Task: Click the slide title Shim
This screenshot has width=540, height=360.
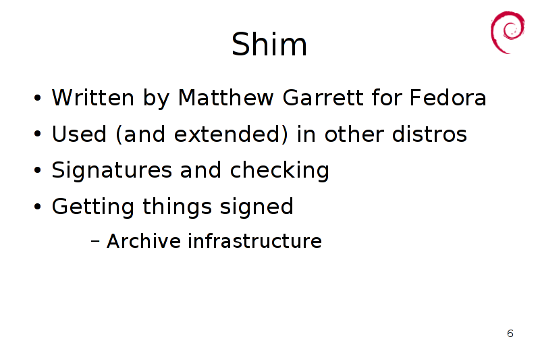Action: pos(269,44)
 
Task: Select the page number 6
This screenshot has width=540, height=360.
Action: pos(510,334)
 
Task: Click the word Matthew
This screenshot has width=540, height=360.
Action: pos(225,97)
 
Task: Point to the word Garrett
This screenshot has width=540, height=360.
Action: pos(323,97)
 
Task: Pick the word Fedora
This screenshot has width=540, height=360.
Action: pos(448,97)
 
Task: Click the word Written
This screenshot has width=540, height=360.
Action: pos(93,97)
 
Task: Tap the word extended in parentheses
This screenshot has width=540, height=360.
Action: pos(231,134)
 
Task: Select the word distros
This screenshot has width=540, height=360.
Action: pos(429,134)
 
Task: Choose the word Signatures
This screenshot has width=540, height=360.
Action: pos(111,170)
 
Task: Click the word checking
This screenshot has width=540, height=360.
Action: pos(279,170)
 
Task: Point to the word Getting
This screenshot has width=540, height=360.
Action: pos(92,207)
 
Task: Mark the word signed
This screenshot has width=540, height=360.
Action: pos(256,207)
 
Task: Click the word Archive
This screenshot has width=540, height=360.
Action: pos(144,240)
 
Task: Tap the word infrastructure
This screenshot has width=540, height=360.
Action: pos(255,240)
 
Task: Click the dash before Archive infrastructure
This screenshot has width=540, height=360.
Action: pos(95,241)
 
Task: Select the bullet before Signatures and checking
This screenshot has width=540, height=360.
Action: pos(38,170)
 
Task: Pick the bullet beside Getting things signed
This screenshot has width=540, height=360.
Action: pos(38,207)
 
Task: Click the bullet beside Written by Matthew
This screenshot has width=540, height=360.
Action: pos(38,98)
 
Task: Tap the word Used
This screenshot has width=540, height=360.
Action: pos(79,134)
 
